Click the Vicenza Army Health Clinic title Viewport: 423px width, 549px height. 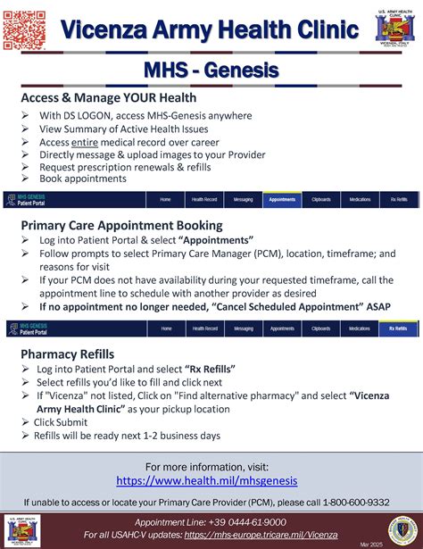(x=210, y=30)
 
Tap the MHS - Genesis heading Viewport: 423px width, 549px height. (x=211, y=70)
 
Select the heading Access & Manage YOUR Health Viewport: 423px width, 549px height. (x=109, y=97)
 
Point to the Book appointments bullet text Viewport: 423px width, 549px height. (x=83, y=179)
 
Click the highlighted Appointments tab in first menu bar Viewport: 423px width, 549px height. (x=282, y=200)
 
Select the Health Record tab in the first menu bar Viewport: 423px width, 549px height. (x=204, y=200)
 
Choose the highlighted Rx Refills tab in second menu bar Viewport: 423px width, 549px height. (x=398, y=329)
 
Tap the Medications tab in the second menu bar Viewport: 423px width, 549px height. (x=360, y=329)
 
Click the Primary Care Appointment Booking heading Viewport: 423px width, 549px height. (x=122, y=226)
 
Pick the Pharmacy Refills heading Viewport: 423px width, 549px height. (x=68, y=354)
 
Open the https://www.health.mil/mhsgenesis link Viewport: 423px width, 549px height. (x=211, y=480)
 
